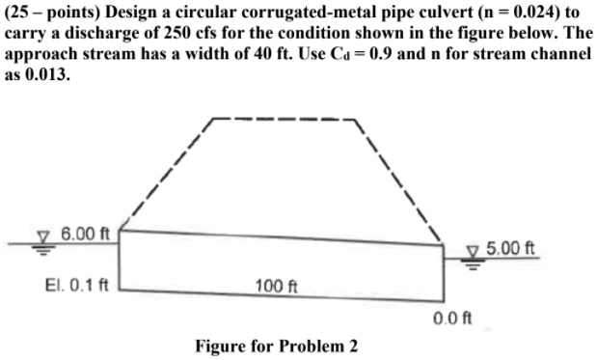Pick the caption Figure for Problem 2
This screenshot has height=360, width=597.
point(276,346)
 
